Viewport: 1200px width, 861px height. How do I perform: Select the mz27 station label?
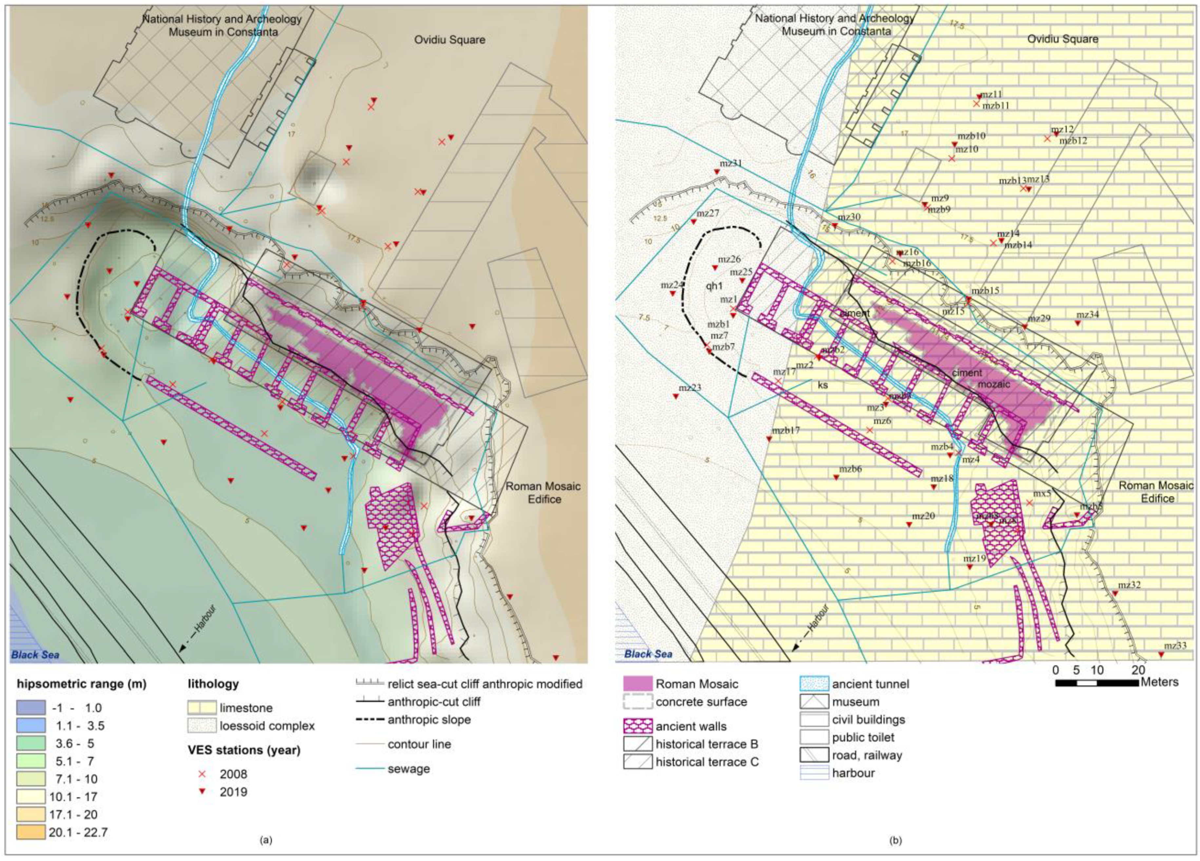coord(708,213)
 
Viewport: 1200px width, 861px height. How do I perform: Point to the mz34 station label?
coord(1087,314)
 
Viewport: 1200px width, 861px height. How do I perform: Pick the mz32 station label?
coord(1129,585)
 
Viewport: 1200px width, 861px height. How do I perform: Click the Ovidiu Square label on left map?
coord(449,40)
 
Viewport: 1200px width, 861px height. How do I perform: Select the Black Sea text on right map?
coord(648,654)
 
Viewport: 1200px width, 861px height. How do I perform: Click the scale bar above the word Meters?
coord(1096,683)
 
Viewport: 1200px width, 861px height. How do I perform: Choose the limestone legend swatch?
coord(202,708)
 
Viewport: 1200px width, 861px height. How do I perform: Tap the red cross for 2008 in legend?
coord(202,774)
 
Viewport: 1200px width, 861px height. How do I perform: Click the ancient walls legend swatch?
coord(638,726)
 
